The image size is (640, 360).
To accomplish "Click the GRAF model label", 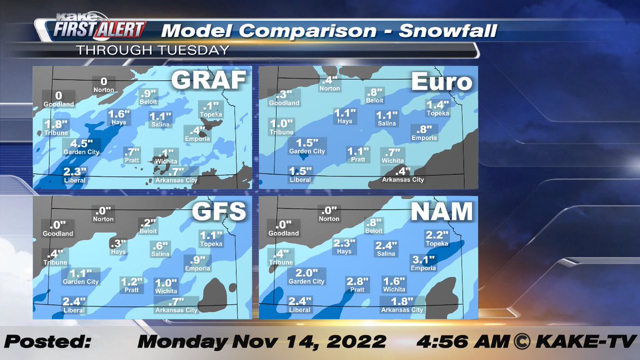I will click(x=208, y=81).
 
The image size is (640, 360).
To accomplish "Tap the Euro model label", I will click(x=442, y=82).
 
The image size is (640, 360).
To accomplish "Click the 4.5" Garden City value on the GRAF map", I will click(x=82, y=143).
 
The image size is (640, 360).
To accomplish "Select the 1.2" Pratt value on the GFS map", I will click(x=132, y=282).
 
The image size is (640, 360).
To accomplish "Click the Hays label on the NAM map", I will click(x=344, y=251).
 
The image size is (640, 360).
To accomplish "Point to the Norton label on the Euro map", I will click(x=330, y=89).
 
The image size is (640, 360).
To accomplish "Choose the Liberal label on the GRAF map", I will click(x=74, y=180).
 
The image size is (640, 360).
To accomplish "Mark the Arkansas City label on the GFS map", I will click(x=177, y=310).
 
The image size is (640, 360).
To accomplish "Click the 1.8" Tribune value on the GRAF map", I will click(x=55, y=124).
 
